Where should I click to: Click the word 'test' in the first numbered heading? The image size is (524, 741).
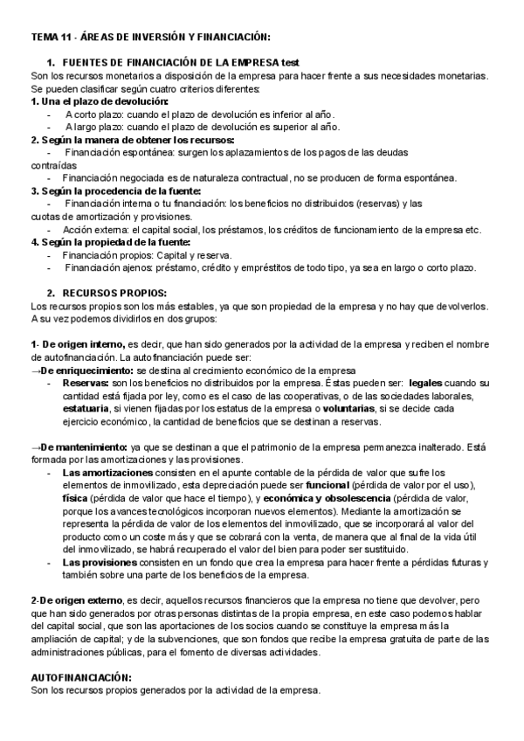pos(290,63)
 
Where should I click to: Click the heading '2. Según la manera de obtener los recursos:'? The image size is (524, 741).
pos(132,140)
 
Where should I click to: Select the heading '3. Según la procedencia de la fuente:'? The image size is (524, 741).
pos(116,190)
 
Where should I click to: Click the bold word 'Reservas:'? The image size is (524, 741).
pos(86,383)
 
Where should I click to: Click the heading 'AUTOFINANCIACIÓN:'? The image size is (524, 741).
pos(81,677)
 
